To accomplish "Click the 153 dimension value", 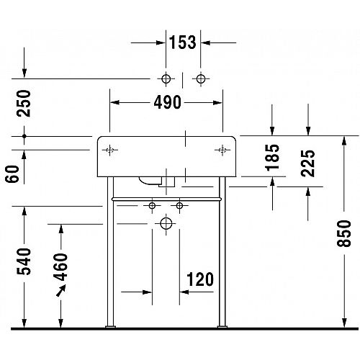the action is coord(183,42).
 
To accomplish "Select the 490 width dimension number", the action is coord(167,102).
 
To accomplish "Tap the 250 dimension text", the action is coord(24,104).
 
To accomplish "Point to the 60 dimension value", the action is coord(12,174).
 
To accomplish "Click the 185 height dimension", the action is coord(272,158).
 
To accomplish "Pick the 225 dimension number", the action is coord(308,163).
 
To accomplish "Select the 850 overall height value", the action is coord(344,233).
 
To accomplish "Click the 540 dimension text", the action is coord(24,261).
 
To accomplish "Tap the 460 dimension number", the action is coord(60,267).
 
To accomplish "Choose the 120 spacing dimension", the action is coord(200,279).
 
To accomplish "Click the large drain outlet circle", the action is coord(166,224).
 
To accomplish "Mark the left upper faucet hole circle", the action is coord(166,78).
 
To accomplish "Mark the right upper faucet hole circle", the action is coord(201,78).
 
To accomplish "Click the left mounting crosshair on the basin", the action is coord(109,150).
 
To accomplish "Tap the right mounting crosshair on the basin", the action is coord(222,150).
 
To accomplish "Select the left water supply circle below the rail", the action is coord(152,206).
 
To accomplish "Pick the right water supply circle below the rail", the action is coord(179,206).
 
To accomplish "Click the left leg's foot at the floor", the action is coord(110,326).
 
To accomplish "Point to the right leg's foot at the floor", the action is coord(222,326).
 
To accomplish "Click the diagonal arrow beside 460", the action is coord(61,290).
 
